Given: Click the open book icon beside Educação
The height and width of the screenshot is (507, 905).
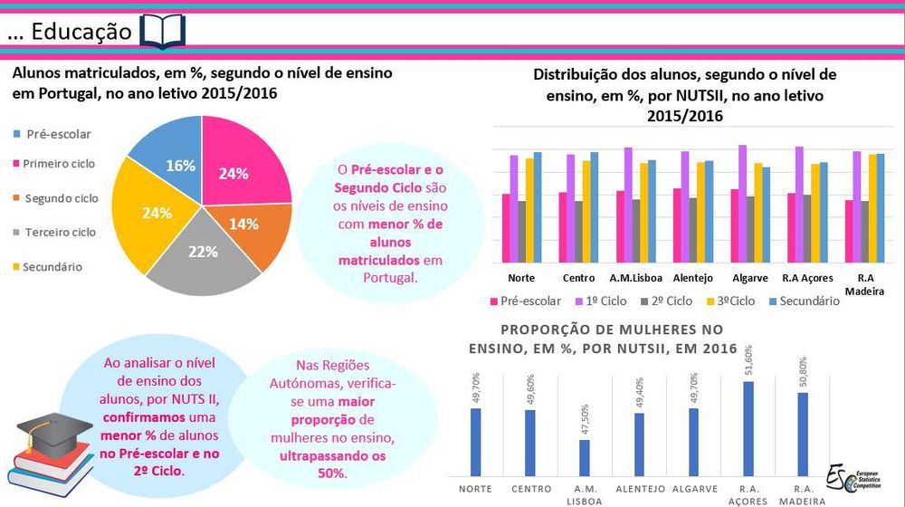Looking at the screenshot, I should [x=163, y=31].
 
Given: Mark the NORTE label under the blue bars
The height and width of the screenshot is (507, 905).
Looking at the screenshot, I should [x=475, y=488].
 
